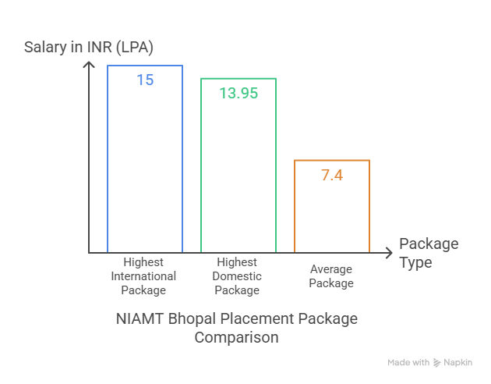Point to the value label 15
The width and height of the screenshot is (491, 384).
(x=145, y=80)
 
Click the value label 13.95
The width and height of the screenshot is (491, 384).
(x=238, y=93)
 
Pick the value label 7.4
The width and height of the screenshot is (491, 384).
(x=332, y=174)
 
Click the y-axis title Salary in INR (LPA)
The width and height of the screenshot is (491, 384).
(x=89, y=47)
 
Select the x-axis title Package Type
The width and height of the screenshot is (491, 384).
(x=428, y=253)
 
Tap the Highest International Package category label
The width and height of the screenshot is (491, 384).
(x=143, y=276)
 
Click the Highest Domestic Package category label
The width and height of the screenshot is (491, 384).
(x=237, y=276)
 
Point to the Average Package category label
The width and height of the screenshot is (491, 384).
(x=331, y=276)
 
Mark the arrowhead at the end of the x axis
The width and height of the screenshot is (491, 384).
(x=388, y=253)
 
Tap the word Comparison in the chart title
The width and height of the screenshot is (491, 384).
(x=236, y=338)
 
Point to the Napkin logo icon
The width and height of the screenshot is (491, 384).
(x=438, y=362)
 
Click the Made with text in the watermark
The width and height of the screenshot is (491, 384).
(x=408, y=362)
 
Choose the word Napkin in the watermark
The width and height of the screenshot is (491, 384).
(x=458, y=362)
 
